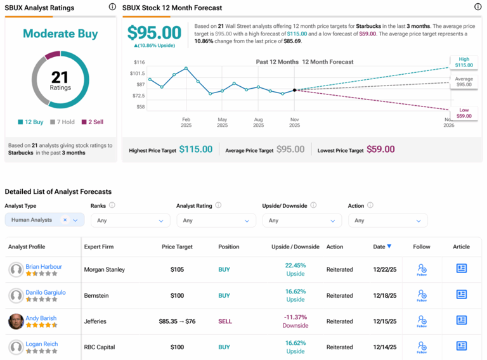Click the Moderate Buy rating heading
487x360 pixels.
[x=60, y=34]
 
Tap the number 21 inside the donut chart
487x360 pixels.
[x=60, y=77]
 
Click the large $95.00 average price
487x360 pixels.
[x=154, y=32]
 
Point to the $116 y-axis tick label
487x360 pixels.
[x=140, y=62]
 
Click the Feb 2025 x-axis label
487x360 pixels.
[x=186, y=122]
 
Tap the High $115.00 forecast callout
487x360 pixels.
[x=464, y=62]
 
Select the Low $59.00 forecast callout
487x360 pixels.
[x=464, y=112]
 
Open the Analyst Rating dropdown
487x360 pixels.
[x=216, y=221]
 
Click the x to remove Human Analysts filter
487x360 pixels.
[x=65, y=221]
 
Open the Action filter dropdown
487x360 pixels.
[x=387, y=221]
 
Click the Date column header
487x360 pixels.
[x=382, y=247]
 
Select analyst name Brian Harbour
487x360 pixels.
[x=44, y=266]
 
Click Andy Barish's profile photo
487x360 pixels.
[x=16, y=321]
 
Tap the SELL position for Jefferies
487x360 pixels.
[x=225, y=321]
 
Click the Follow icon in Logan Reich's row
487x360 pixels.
[x=422, y=347]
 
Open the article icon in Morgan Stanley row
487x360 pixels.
[x=461, y=269]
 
